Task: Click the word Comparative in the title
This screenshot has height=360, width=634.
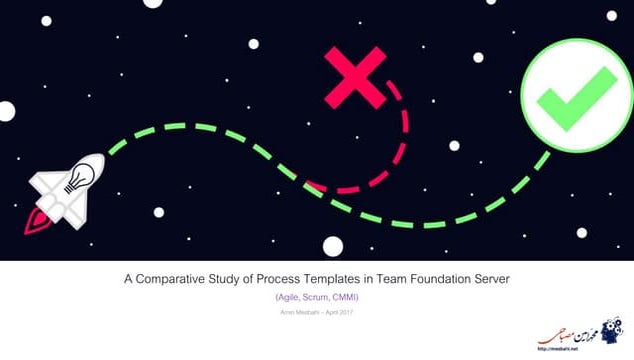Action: click(x=185, y=281)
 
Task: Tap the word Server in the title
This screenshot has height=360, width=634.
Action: click(x=489, y=281)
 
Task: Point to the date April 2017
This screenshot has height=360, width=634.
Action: click(x=340, y=315)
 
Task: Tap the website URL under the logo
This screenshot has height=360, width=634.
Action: click(x=584, y=352)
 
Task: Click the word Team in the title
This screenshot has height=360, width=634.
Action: click(x=384, y=281)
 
